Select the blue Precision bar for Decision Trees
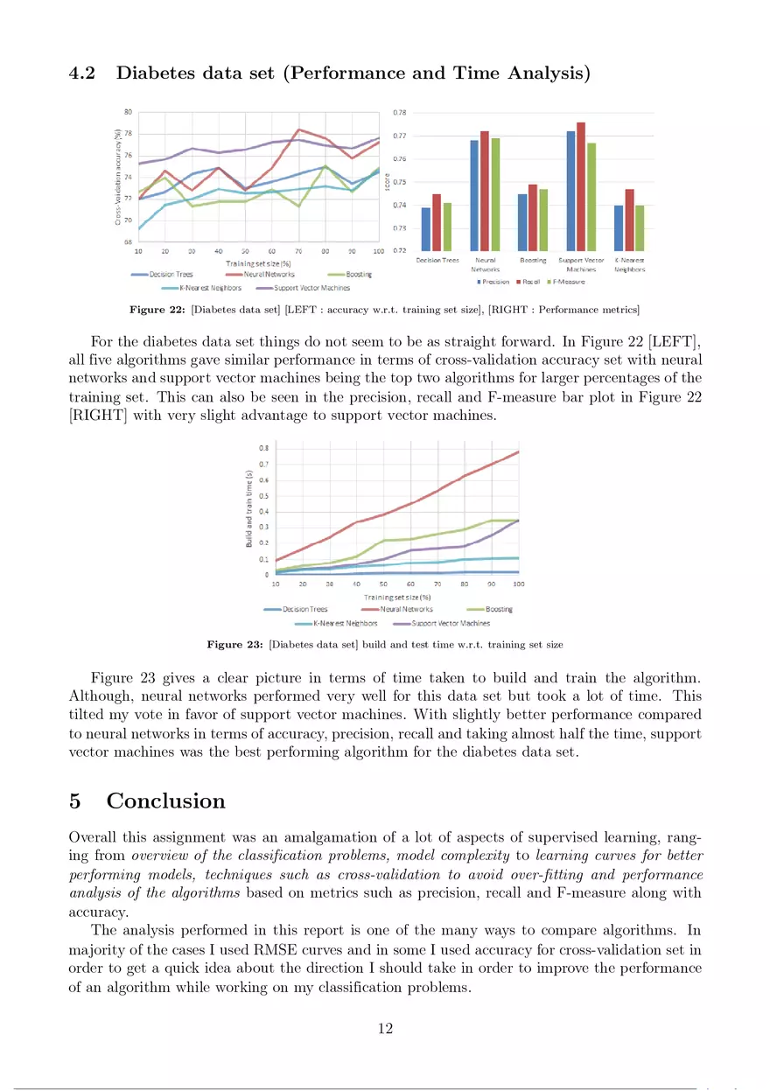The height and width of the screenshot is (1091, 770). tap(426, 229)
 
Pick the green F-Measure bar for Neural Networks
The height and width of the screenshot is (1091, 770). tap(495, 194)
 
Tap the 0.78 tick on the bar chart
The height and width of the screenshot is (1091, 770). tap(399, 113)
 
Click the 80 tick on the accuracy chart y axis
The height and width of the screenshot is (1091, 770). tap(127, 112)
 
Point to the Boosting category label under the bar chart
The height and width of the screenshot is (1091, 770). tap(533, 260)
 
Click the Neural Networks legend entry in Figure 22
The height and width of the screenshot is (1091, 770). tap(270, 274)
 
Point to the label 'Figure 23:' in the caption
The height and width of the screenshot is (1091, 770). tap(234, 645)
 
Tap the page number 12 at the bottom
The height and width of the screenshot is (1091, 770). tap(384, 1029)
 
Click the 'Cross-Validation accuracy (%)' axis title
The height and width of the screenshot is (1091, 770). tap(117, 178)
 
